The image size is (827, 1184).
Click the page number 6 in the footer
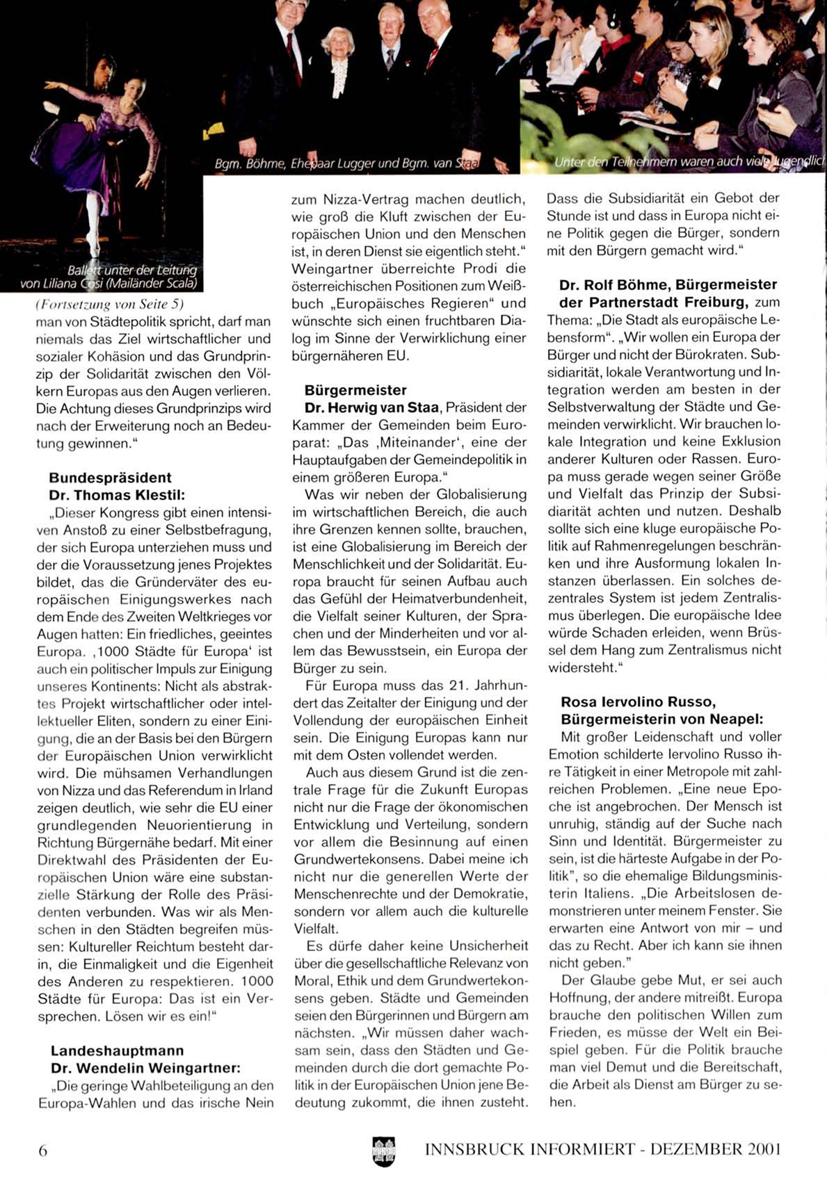click(43, 1151)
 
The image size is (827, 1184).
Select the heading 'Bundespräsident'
click(110, 478)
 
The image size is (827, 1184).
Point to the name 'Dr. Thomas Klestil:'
click(117, 495)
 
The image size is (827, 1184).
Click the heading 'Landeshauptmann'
click(117, 1051)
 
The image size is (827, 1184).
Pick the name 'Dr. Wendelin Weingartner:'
click(145, 1068)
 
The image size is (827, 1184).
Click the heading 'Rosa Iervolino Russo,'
click(638, 702)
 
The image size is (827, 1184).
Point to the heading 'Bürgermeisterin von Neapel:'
click(661, 719)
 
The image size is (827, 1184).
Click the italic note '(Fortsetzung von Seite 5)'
click(109, 304)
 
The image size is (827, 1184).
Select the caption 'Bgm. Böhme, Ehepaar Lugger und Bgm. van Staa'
click(347, 164)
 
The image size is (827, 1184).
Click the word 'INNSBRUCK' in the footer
click(474, 1149)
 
